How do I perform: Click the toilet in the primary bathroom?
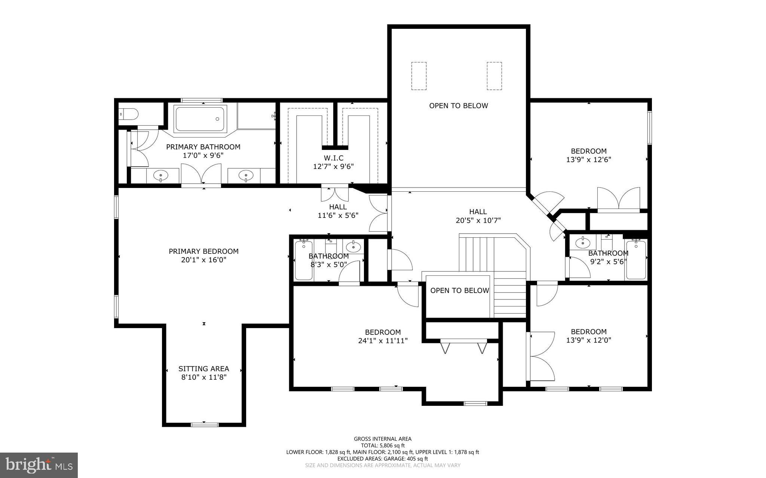pyautogui.click(x=128, y=113)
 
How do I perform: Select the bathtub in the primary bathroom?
pyautogui.click(x=200, y=119)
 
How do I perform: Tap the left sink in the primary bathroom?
pyautogui.click(x=161, y=175)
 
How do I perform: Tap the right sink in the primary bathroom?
pyautogui.click(x=246, y=175)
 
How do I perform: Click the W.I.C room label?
pyautogui.click(x=333, y=158)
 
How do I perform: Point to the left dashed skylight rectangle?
pyautogui.click(x=419, y=76)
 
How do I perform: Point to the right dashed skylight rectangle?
pyautogui.click(x=494, y=76)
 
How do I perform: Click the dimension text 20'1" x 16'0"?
pyautogui.click(x=203, y=260)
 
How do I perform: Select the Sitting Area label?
pyautogui.click(x=203, y=369)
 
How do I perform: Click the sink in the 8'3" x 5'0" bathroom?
pyautogui.click(x=353, y=247)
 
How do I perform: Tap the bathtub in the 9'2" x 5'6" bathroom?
pyautogui.click(x=635, y=260)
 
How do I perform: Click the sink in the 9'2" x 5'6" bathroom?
pyautogui.click(x=582, y=243)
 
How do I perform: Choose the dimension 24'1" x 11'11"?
pyautogui.click(x=383, y=340)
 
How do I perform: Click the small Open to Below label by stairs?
pyautogui.click(x=459, y=290)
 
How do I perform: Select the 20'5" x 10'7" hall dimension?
pyautogui.click(x=478, y=221)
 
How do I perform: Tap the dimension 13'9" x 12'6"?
pyautogui.click(x=588, y=160)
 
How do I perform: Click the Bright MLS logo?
pyautogui.click(x=39, y=465)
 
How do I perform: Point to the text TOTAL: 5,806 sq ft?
pyautogui.click(x=383, y=445)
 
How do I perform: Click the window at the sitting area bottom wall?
pyautogui.click(x=204, y=424)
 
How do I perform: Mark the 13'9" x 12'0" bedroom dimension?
pyautogui.click(x=588, y=340)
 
